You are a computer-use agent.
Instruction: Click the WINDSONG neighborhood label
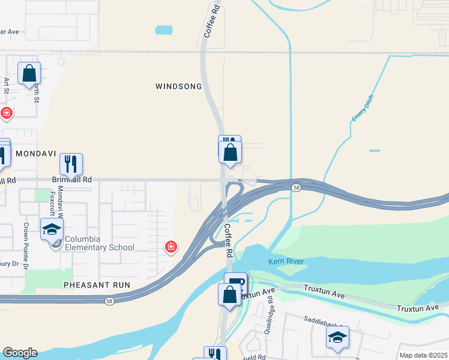(179, 86)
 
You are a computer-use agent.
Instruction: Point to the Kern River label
(287, 262)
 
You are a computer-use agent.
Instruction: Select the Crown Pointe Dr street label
(26, 246)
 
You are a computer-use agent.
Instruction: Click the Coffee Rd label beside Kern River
(229, 241)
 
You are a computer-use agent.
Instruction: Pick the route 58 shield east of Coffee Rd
(297, 188)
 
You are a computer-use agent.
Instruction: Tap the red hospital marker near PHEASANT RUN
(171, 247)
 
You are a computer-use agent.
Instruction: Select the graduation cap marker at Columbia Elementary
(52, 229)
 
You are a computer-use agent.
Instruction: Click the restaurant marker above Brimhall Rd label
(71, 163)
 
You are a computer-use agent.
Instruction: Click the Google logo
(20, 353)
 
